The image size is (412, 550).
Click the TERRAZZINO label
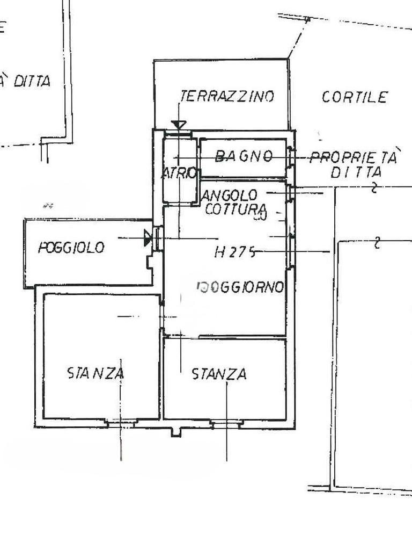click(226, 96)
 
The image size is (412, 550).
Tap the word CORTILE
click(355, 97)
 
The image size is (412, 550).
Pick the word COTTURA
click(236, 209)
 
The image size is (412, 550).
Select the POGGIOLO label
click(71, 248)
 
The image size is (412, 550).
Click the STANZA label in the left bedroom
click(95, 373)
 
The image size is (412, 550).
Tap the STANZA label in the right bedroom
click(219, 374)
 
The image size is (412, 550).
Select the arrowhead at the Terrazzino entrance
click(179, 125)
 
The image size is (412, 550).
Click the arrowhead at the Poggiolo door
click(148, 238)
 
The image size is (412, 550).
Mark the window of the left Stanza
click(121, 424)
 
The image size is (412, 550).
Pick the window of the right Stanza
click(226, 424)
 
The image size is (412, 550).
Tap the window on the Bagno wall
click(290, 157)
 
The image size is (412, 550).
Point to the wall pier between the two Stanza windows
click(175, 431)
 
